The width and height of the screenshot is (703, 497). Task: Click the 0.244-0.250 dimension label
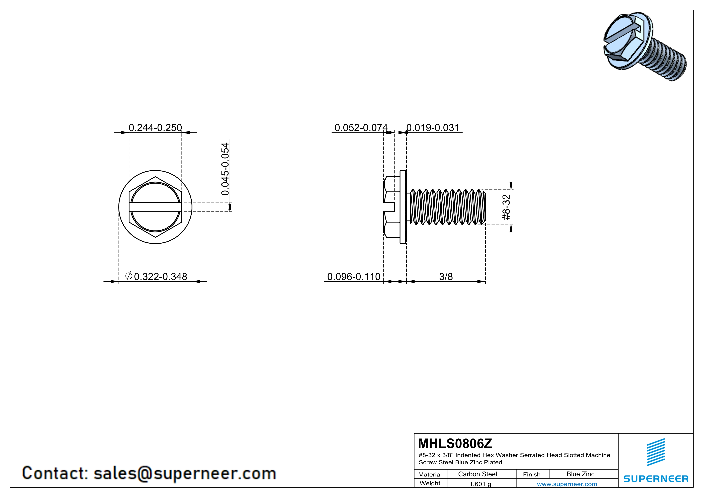155,128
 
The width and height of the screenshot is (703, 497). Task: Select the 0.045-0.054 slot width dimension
225,169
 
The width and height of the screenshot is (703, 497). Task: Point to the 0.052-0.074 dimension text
361,128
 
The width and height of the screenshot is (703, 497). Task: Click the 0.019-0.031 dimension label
433,128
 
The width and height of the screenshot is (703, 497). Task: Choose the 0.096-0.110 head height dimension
354,277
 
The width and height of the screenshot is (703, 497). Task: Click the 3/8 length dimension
446,277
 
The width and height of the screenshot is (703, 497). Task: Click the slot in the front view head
155,207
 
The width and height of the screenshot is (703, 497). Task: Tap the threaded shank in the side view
447,207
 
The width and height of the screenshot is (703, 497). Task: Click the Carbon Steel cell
477,474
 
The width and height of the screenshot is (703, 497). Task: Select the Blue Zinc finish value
580,474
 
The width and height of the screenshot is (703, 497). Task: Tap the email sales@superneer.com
185,473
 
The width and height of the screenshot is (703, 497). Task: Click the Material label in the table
430,474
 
